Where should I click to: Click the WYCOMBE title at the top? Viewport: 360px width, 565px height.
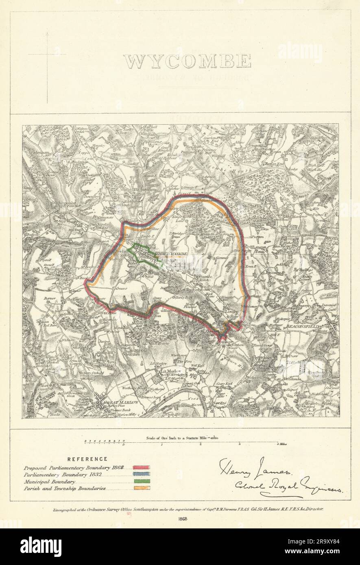click(x=187, y=61)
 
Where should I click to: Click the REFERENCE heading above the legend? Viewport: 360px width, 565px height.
click(x=87, y=459)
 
